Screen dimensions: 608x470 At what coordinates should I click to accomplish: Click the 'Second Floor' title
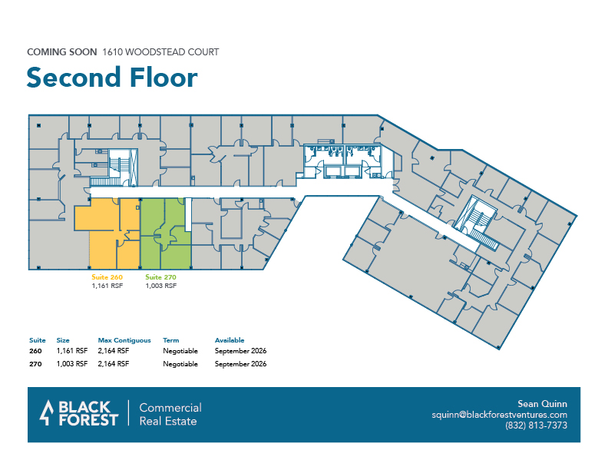pos(112,78)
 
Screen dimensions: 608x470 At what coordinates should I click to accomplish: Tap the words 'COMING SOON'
pos(62,52)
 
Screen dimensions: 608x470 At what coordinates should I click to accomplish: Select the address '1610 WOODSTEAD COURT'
pos(160,52)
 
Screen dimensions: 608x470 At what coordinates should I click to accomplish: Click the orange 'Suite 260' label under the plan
pos(107,277)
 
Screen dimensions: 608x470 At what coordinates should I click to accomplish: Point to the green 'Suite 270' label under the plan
pos(161,277)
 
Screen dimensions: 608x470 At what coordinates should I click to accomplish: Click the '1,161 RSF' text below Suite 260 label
pos(107,286)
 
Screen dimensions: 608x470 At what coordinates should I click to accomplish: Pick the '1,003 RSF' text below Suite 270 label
pos(161,286)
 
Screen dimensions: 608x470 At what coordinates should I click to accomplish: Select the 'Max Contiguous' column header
pos(124,340)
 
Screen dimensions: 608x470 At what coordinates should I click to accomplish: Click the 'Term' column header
pos(171,340)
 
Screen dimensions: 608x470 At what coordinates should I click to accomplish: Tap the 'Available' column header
pos(230,340)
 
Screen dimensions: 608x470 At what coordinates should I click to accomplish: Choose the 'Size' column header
pos(63,340)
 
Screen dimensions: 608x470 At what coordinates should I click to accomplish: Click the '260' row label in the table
pos(35,351)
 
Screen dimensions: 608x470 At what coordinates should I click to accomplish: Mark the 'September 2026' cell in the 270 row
pos(240,364)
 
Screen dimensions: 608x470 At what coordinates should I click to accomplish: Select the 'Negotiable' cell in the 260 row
pos(180,351)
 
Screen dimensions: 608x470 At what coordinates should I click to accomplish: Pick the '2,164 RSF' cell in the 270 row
pos(113,364)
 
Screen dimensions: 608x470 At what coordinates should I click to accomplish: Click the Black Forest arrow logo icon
pos(47,413)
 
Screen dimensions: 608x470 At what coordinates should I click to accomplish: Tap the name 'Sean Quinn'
pos(542,404)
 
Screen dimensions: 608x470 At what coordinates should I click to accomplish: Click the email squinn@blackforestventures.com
pos(500,415)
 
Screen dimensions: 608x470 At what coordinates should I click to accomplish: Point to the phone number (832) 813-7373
pos(536,425)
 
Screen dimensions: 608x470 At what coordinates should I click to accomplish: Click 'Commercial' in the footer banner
pos(170,408)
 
